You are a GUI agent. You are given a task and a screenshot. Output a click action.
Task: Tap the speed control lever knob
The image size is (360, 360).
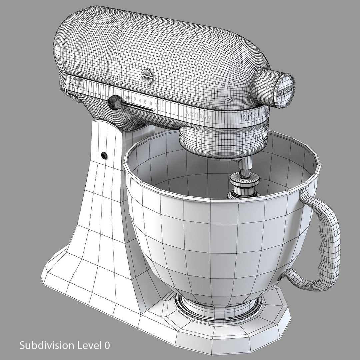pos(115,101)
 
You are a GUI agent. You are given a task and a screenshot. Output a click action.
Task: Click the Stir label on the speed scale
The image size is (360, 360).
pos(127,98)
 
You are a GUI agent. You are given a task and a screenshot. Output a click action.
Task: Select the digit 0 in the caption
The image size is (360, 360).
pos(106,345)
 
